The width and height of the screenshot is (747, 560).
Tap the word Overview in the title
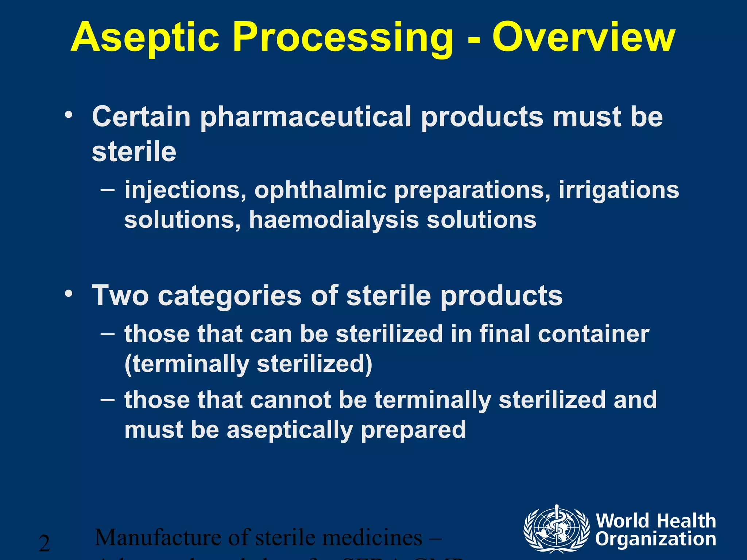click(584, 37)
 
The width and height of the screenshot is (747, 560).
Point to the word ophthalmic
click(320, 190)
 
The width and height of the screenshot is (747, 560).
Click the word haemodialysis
click(334, 220)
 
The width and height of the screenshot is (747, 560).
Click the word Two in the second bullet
click(120, 295)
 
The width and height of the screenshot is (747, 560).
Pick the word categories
click(230, 296)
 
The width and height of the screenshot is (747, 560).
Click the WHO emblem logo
click(557, 529)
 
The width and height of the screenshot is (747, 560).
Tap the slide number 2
click(44, 544)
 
